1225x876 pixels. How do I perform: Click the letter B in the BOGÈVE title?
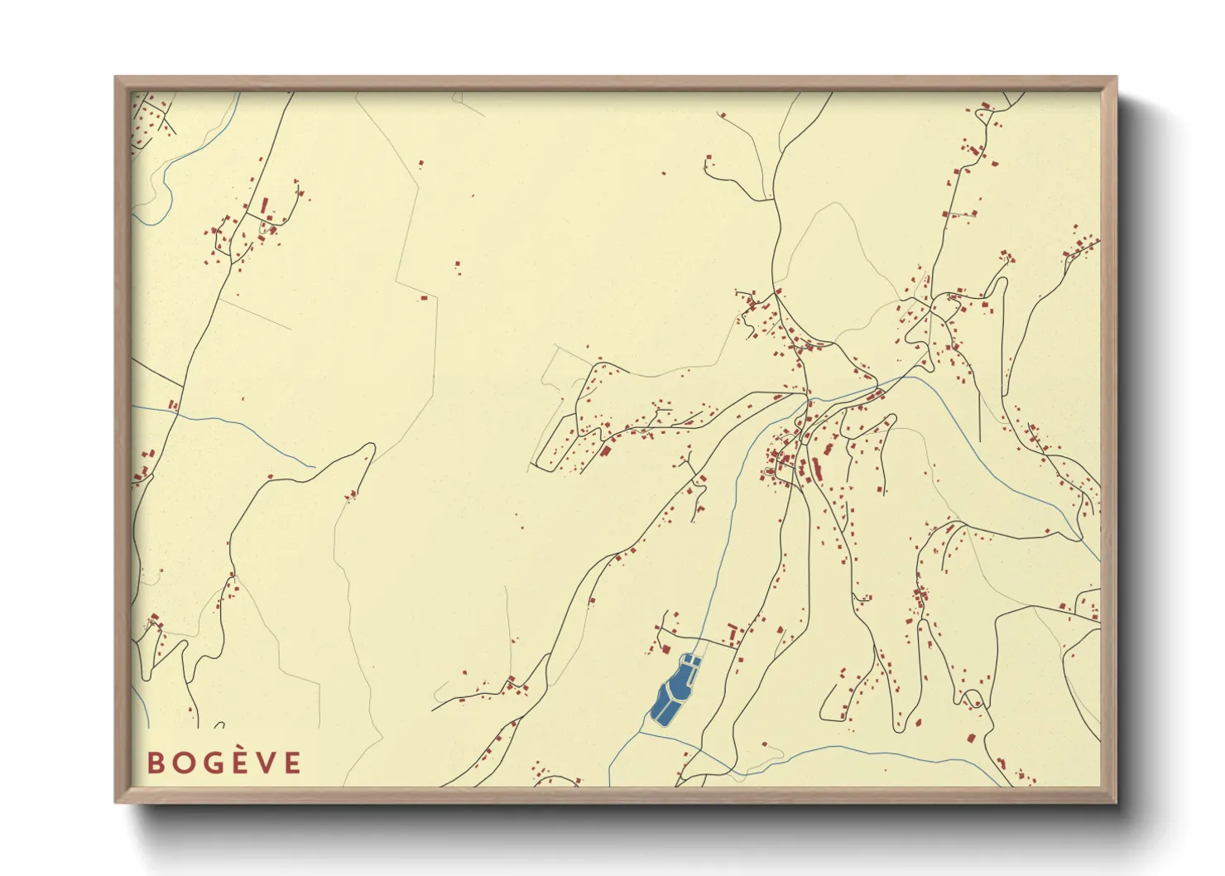tap(156, 763)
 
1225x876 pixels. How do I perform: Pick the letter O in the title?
tap(185, 763)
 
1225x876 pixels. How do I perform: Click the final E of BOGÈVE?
tap(293, 763)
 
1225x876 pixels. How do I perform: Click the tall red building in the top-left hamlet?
tap(265, 205)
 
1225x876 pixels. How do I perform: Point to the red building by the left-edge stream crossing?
tap(173, 406)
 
